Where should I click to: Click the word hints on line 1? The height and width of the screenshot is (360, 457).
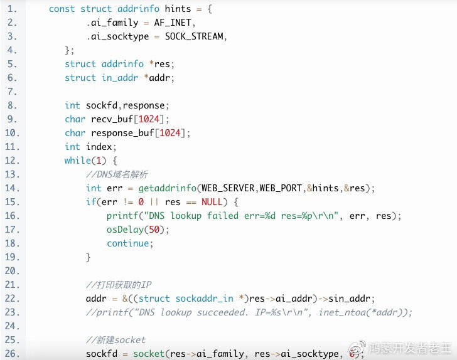click(x=178, y=9)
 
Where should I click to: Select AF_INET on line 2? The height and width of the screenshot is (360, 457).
click(x=173, y=23)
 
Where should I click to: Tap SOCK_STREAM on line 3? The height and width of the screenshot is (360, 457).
click(x=194, y=36)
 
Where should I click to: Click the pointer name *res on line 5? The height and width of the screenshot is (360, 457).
click(x=159, y=64)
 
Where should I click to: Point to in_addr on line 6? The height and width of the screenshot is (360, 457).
click(x=120, y=78)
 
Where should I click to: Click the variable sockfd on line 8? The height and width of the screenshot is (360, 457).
click(x=102, y=105)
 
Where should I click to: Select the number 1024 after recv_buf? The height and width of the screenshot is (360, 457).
click(x=149, y=119)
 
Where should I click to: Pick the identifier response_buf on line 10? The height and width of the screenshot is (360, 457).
click(x=122, y=133)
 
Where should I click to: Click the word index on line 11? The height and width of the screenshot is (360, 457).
click(x=99, y=147)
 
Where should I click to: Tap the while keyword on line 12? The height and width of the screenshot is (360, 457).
click(x=78, y=161)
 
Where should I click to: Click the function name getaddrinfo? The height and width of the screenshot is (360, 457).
click(x=168, y=188)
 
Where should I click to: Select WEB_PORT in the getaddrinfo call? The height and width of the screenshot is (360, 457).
click(x=281, y=188)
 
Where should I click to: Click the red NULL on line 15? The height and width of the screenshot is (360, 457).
click(x=212, y=202)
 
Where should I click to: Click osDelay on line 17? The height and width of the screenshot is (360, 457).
click(x=125, y=230)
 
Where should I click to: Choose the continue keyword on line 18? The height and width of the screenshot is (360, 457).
click(x=127, y=243)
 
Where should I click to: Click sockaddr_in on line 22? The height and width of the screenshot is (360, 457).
click(x=204, y=299)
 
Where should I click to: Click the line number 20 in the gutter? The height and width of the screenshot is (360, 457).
click(x=12, y=271)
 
